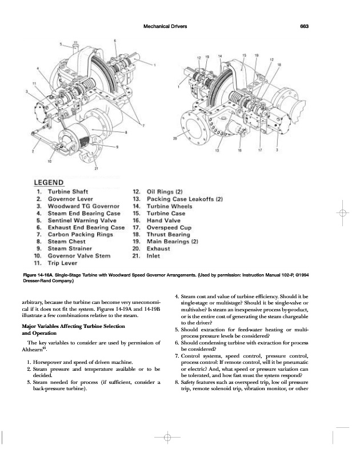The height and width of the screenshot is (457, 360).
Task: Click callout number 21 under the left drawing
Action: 96,169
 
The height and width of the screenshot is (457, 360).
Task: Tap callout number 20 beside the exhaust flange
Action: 175,139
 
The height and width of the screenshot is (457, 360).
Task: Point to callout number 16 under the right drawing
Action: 239,151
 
